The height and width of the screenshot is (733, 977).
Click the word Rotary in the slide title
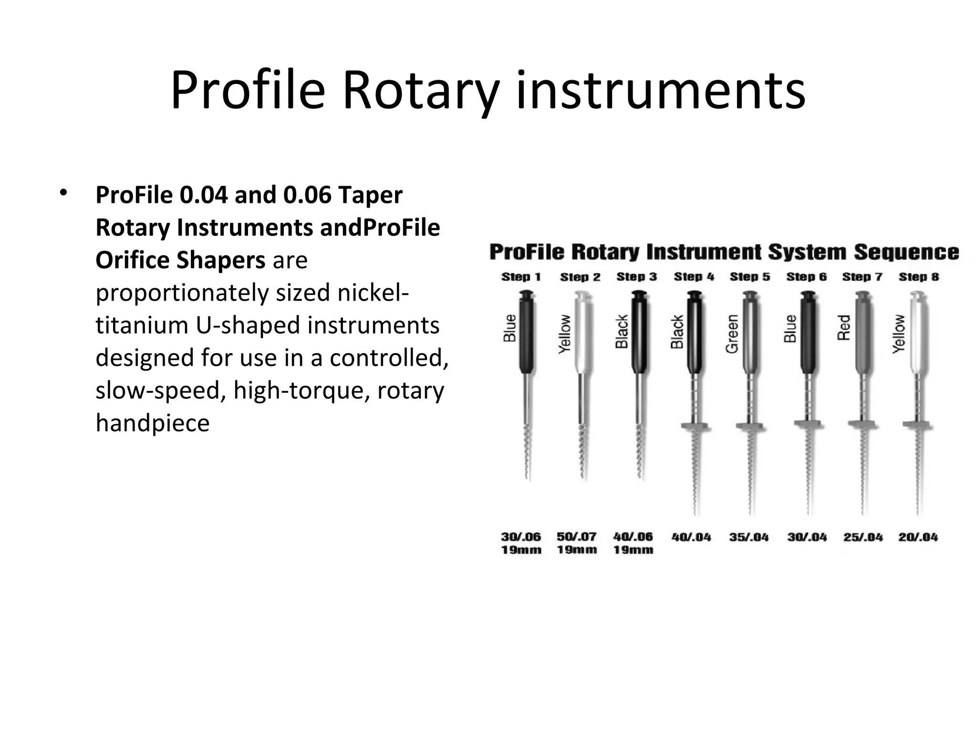(x=421, y=91)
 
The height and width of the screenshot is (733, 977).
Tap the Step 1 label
(x=521, y=277)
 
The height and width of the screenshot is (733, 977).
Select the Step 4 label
(x=694, y=277)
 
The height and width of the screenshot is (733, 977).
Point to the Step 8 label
(x=918, y=277)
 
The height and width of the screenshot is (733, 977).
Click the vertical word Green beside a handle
(x=732, y=334)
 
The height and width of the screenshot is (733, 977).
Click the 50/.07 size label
(x=576, y=536)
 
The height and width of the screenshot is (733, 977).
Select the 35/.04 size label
(x=748, y=537)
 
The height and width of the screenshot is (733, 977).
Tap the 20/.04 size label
(x=918, y=537)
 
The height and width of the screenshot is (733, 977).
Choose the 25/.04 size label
(x=863, y=537)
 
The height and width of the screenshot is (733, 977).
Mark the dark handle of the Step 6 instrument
(x=808, y=334)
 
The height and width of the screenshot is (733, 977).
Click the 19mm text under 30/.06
(x=521, y=550)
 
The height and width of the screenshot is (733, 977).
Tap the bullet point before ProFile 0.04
(x=62, y=193)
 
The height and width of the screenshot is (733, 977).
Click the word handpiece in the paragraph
(x=152, y=423)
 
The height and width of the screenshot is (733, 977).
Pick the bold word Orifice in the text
(x=132, y=260)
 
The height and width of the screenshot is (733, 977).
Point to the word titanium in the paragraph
(x=142, y=325)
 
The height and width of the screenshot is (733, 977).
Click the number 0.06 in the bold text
(x=307, y=195)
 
